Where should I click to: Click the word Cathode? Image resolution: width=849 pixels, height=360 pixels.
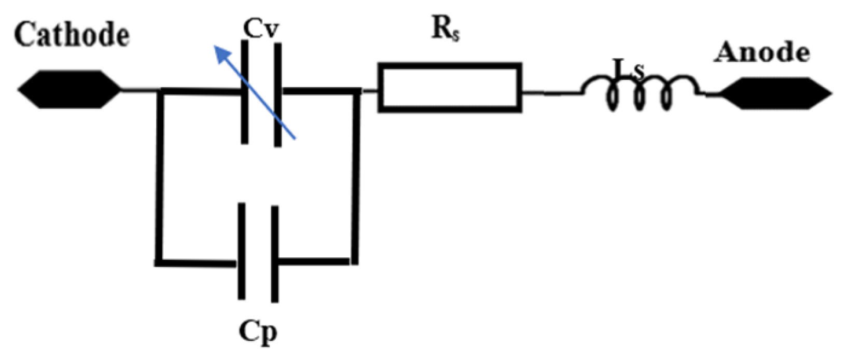[x=72, y=35]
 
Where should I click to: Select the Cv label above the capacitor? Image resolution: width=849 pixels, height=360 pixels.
[x=262, y=30]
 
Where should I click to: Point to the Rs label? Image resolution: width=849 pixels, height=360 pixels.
[x=446, y=31]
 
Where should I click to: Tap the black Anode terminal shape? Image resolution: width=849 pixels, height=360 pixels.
[x=776, y=93]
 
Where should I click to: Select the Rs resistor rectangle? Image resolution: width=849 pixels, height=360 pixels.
[x=450, y=87]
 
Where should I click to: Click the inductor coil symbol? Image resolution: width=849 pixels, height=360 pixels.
[x=641, y=93]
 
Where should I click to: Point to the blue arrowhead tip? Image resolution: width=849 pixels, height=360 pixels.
[x=216, y=46]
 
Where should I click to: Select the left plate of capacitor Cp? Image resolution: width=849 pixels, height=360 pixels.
[x=241, y=252]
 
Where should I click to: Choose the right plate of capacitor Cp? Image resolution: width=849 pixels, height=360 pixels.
[x=274, y=254]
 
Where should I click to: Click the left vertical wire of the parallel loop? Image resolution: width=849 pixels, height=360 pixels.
[x=159, y=176]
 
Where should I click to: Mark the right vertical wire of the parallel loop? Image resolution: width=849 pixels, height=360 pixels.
[x=355, y=176]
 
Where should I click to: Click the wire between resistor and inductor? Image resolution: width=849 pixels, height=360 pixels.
[x=552, y=94]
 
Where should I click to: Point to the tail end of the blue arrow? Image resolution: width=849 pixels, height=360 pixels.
[x=294, y=139]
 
